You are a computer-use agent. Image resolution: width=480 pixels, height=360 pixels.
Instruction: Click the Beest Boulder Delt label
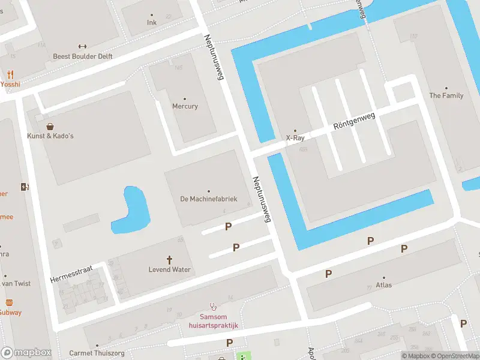[83, 56]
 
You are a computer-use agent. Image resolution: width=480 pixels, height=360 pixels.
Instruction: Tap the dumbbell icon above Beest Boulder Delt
[83, 46]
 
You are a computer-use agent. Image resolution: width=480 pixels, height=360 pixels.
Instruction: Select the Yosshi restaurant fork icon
[10, 75]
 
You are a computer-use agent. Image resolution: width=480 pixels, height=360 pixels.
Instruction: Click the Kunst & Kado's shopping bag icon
[50, 127]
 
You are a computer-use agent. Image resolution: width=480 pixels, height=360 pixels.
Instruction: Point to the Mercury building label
[185, 106]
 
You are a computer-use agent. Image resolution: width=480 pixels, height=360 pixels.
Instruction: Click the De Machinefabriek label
[209, 199]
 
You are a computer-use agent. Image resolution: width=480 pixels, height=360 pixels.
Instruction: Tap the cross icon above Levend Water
[169, 260]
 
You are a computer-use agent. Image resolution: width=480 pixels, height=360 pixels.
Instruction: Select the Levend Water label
[169, 269]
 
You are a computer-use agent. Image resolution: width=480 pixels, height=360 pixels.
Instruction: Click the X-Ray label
[295, 138]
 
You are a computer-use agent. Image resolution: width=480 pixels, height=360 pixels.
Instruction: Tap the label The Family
[446, 95]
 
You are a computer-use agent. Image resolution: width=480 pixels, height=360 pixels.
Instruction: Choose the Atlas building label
[383, 285]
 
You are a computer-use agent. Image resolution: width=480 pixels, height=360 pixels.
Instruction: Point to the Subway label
[10, 312]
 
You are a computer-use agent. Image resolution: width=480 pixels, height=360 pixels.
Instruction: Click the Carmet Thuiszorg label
[97, 353]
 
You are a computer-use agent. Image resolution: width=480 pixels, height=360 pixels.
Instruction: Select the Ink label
[151, 23]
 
